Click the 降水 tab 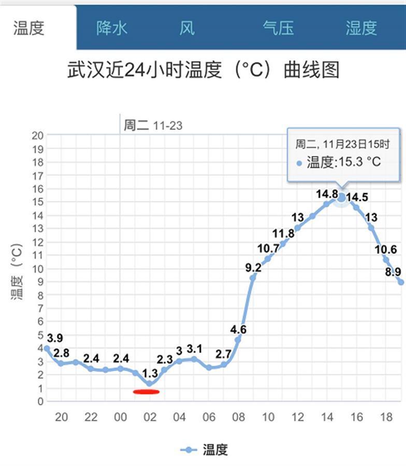111,28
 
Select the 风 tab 187,28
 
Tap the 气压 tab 278,28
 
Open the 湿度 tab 361,28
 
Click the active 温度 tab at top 29,28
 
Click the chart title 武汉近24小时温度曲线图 203,70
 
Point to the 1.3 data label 150,373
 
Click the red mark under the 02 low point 146,391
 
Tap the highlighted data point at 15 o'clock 341,197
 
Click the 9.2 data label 253,267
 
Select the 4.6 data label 238,329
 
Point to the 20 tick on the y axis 37,136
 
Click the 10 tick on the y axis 37,268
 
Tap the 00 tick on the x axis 120,417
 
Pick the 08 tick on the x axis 238,417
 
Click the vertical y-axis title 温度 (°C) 17,272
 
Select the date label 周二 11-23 153,126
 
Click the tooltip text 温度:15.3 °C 343,162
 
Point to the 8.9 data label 393,272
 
